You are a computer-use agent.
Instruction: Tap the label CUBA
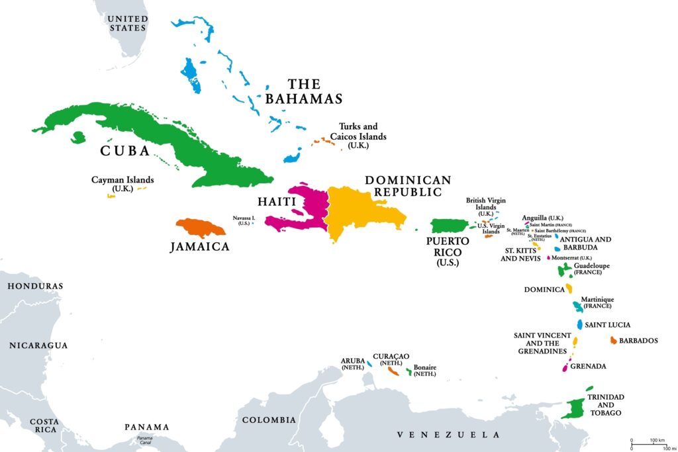click(x=125, y=151)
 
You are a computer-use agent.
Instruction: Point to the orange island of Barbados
click(x=613, y=340)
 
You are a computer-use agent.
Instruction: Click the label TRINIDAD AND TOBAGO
click(x=606, y=404)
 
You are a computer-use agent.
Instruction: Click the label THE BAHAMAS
click(x=304, y=91)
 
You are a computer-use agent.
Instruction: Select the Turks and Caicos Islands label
click(x=362, y=136)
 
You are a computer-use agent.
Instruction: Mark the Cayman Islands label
click(x=122, y=183)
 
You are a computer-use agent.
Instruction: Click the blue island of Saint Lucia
click(x=579, y=325)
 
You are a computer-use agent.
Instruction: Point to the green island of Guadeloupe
click(x=565, y=269)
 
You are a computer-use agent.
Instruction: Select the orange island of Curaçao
click(x=393, y=371)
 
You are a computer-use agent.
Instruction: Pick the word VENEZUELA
click(x=448, y=435)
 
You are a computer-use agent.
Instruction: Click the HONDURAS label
click(x=35, y=286)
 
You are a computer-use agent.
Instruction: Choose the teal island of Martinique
click(x=577, y=306)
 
